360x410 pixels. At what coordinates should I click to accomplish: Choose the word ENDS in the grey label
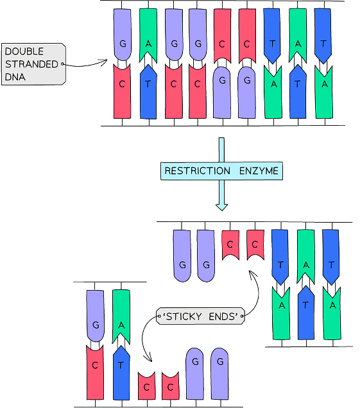(224, 316)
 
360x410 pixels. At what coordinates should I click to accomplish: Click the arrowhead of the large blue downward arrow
(221, 205)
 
